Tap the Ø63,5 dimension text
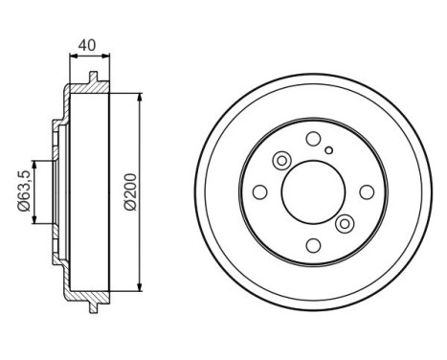[x=21, y=191]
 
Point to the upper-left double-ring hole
[x=282, y=161]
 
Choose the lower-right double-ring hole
[x=345, y=223]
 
